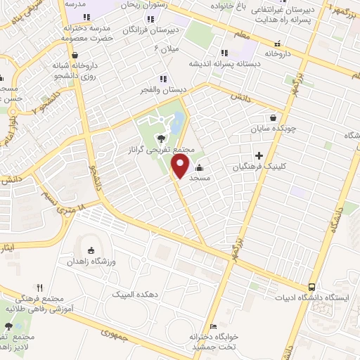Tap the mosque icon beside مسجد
(200, 167)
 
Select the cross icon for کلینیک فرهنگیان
(259, 155)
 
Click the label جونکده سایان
(273, 130)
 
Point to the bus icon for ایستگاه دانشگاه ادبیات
(311, 287)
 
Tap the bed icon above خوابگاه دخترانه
(213, 326)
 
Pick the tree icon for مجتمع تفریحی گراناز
(162, 139)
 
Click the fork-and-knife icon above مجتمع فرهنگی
(39, 287)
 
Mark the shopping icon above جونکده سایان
(273, 118)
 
